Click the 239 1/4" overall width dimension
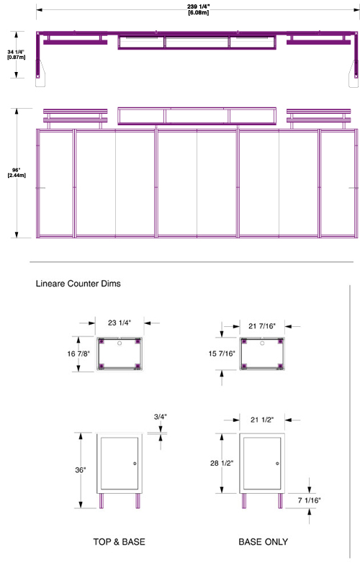(198, 9)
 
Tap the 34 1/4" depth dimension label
(16, 55)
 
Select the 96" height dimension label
(17, 172)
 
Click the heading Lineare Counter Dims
(78, 284)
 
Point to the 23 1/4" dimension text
(120, 323)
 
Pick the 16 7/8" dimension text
(78, 353)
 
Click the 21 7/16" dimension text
(262, 326)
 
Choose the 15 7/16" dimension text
(222, 353)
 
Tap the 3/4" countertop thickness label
(161, 417)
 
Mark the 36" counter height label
(81, 469)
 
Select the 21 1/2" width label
(262, 420)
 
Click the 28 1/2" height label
(222, 463)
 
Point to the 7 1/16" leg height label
(310, 500)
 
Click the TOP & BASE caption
(120, 542)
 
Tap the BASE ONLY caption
(264, 542)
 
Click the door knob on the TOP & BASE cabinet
(135, 464)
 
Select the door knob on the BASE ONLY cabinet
(277, 464)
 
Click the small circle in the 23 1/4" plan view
(120, 343)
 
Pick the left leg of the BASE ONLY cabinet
(244, 501)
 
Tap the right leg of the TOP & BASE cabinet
(138, 501)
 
